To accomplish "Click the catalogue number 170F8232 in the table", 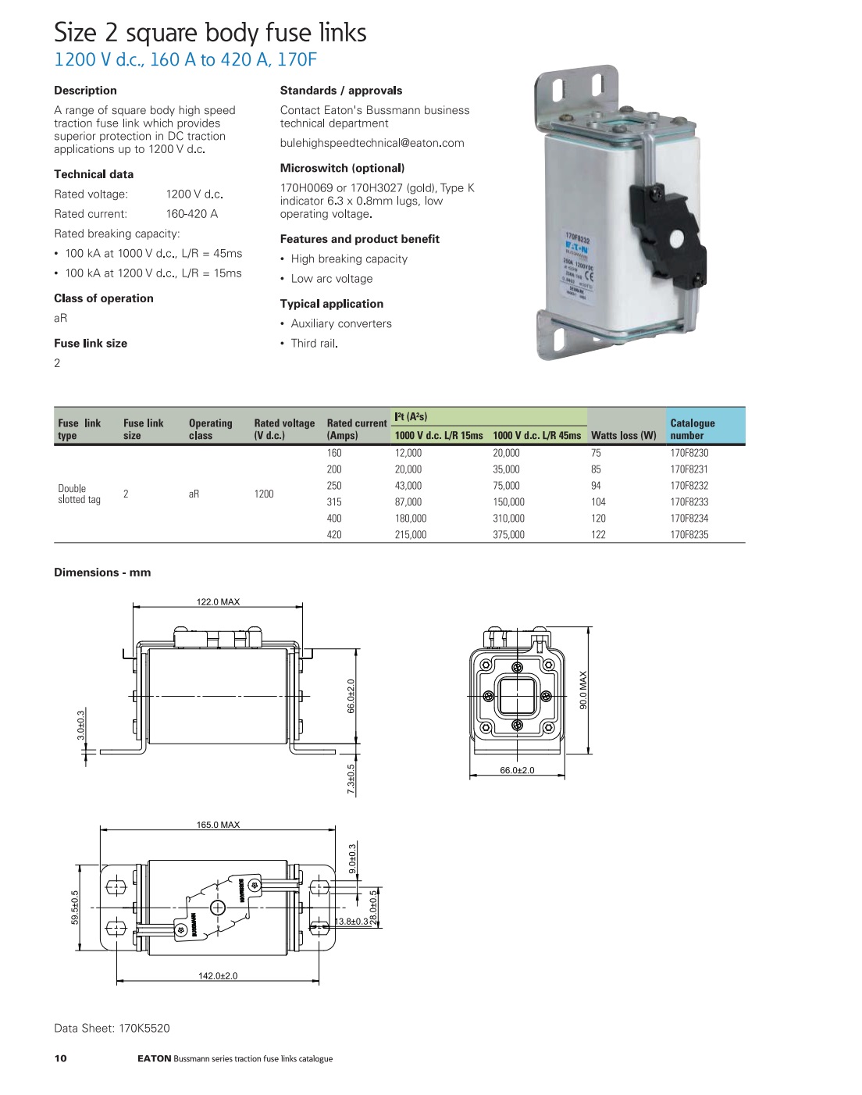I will [689, 486].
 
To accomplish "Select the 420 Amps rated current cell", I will [334, 535].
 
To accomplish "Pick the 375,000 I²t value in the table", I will [508, 535].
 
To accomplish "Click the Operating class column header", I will [210, 430].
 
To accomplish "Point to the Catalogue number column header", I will [692, 430].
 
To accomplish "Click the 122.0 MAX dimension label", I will [218, 602].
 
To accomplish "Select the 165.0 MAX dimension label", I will [218, 825].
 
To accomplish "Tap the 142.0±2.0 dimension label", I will [218, 976].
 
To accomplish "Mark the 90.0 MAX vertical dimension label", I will [583, 690].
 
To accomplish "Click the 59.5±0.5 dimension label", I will [75, 908].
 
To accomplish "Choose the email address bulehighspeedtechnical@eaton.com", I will [372, 143].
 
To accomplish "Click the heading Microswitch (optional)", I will [342, 168].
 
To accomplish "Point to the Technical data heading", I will [94, 174].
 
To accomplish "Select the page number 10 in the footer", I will [61, 1058].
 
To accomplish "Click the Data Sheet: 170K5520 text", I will [112, 1028].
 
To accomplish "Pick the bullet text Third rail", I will [314, 343].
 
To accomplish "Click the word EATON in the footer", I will [154, 1059].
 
